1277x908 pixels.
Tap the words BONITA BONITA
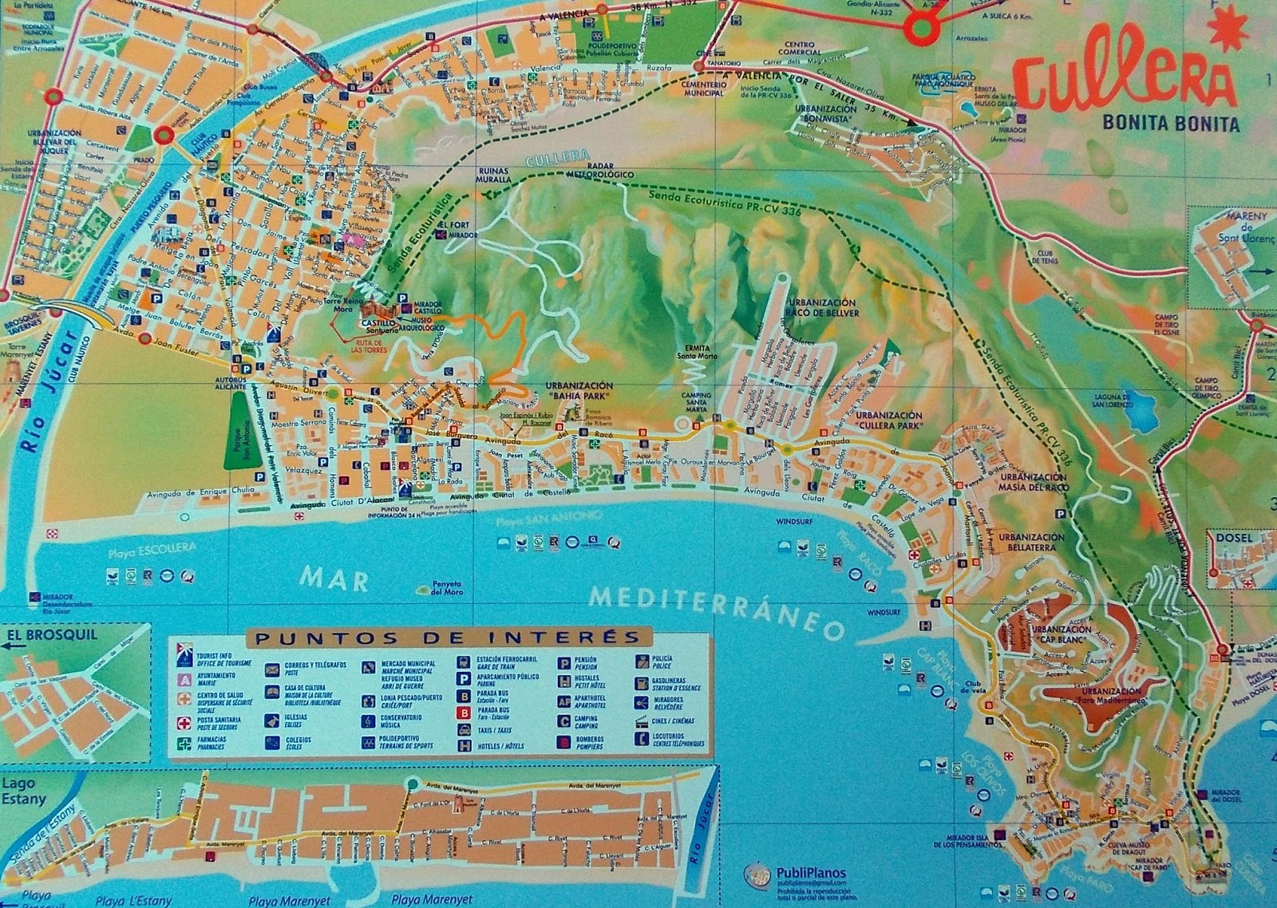click(x=1170, y=124)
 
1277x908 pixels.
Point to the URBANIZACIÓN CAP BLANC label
click(x=1062, y=634)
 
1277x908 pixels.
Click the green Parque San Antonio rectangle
click(x=237, y=435)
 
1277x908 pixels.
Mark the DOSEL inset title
click(x=1234, y=538)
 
